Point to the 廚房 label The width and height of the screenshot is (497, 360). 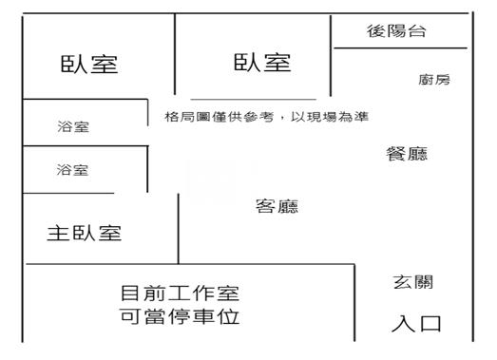pyautogui.click(x=433, y=80)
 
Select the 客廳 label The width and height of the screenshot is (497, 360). pyautogui.click(x=277, y=206)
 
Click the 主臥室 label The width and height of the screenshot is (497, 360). pyautogui.click(x=84, y=234)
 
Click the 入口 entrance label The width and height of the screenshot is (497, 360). pyautogui.click(x=416, y=324)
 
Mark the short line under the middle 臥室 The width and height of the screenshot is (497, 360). pyautogui.click(x=253, y=99)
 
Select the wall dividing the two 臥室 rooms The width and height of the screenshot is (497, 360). pyautogui.click(x=175, y=57)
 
